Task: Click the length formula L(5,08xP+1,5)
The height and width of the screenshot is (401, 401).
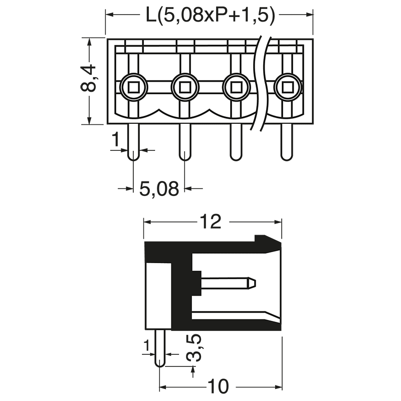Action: [x=211, y=16]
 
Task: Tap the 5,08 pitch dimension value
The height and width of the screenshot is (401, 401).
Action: [x=159, y=189]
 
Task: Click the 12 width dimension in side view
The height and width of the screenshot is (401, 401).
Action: [x=211, y=221]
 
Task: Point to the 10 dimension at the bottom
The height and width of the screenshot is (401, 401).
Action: [x=218, y=387]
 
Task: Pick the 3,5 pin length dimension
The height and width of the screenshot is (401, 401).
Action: [x=193, y=348]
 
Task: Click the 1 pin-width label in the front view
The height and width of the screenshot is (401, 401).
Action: [x=116, y=141]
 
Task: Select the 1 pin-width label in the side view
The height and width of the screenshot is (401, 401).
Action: [x=146, y=345]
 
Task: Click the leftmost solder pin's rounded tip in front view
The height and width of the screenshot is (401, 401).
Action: [x=134, y=156]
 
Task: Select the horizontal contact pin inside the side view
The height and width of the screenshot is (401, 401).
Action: [x=228, y=284]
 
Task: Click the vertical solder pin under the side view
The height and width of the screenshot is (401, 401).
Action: [x=159, y=348]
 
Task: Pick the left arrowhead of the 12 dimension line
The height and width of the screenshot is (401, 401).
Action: [x=148, y=222]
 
